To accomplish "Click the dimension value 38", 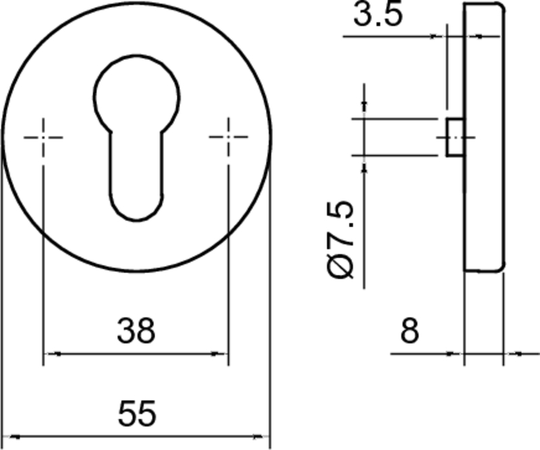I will pos(136,332).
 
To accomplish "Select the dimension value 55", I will pos(136,413).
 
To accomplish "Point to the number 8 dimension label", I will pos(410,332).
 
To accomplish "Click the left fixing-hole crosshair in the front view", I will pos(43,137).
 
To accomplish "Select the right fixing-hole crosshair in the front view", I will pos(227,137).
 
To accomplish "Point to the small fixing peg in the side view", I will pos(455,136).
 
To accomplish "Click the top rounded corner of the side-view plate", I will pos(500,7).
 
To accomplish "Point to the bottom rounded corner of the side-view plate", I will pos(500,267).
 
